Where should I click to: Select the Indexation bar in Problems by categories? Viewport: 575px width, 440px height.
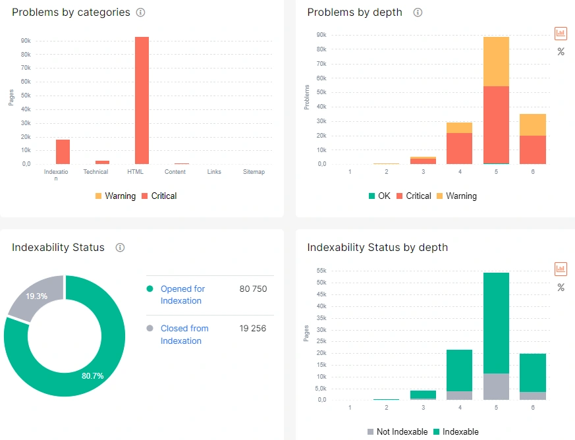coord(63,151)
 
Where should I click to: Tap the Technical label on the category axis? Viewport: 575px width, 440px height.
coord(96,172)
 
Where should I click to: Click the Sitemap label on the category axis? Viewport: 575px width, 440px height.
coord(254,172)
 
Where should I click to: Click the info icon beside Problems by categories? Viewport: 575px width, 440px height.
coord(140,13)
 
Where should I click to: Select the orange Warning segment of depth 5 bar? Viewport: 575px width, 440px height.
coord(495,61)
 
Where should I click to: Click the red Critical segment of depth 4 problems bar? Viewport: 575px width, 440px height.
coord(459,148)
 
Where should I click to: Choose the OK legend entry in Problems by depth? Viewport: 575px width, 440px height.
coord(379,196)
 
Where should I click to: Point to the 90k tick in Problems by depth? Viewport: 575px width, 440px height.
coord(321,35)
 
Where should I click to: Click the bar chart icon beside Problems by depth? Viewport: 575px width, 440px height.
coord(561,33)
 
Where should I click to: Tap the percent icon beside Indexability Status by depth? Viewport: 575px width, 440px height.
coord(561,287)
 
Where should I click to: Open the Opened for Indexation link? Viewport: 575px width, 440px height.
coord(182,294)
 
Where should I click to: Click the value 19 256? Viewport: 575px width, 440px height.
coord(253,328)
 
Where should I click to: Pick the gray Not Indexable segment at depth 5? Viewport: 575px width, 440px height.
coord(495,387)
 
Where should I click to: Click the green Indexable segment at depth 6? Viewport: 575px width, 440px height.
coord(532,372)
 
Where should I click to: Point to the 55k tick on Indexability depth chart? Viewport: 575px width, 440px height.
coord(321,271)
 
